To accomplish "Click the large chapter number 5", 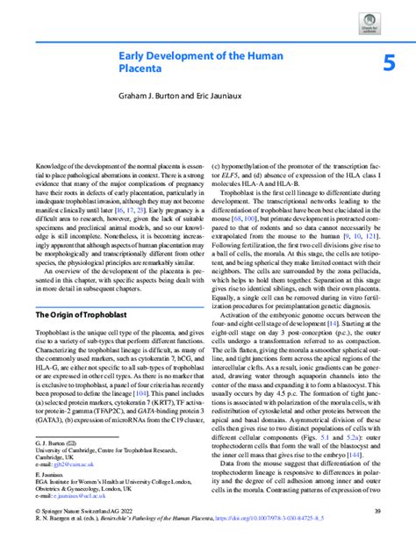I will click(389, 62).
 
